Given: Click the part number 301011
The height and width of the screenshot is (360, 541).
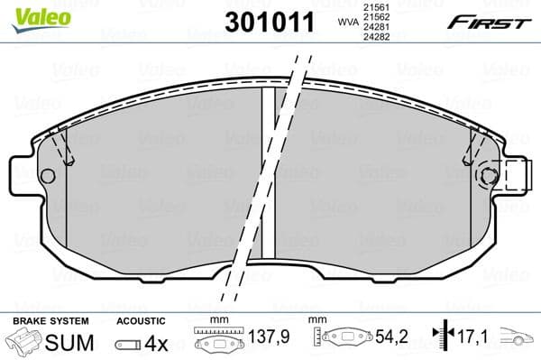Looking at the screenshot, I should [x=270, y=20].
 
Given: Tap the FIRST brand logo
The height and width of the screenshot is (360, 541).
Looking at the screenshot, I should [x=492, y=23].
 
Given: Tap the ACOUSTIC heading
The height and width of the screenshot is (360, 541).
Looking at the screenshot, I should [x=141, y=320].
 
